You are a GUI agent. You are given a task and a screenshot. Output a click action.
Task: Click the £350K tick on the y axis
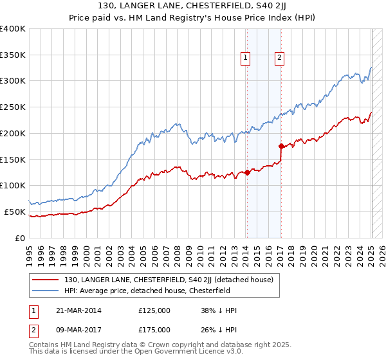click(x=13, y=55)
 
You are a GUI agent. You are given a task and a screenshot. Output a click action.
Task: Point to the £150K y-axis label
click(x=13, y=159)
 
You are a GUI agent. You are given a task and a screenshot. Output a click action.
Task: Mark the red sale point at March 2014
click(x=247, y=172)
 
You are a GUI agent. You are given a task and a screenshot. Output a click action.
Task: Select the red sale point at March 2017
click(x=281, y=146)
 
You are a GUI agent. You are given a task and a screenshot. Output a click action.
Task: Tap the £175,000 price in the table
click(x=154, y=329)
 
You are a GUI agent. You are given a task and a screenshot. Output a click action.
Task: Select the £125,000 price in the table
click(x=154, y=310)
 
